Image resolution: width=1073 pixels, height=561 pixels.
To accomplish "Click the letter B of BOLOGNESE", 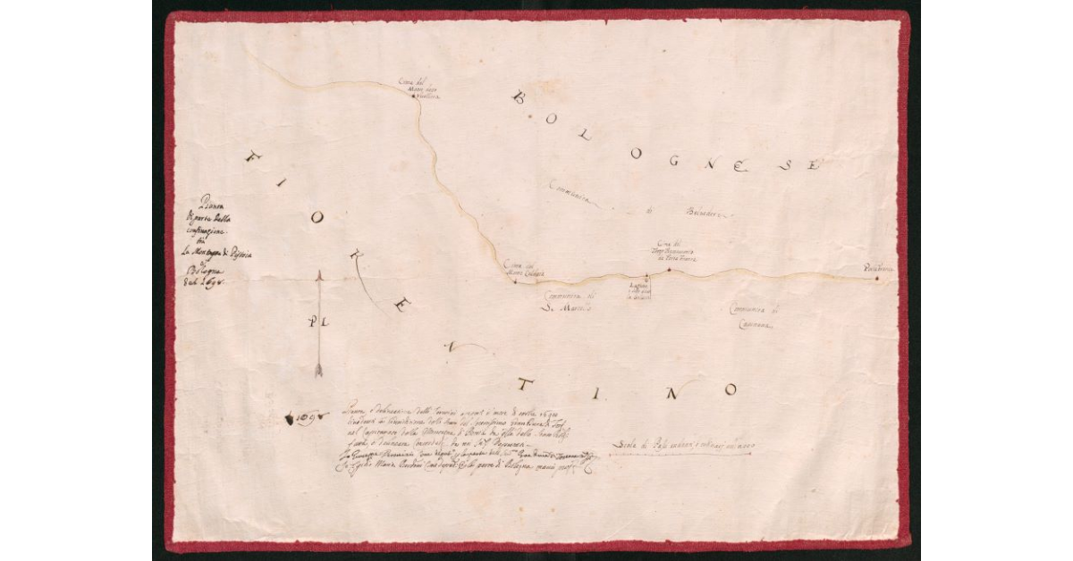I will (519, 97).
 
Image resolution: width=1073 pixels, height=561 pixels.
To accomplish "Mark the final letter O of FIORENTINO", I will (731, 390).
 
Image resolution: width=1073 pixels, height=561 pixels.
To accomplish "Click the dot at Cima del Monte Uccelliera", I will (413, 96).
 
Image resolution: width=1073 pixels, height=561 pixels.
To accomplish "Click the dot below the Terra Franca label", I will (668, 269).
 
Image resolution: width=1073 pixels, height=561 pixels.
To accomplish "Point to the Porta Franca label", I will (877, 266).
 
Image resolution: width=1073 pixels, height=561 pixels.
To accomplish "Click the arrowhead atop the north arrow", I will (319, 275).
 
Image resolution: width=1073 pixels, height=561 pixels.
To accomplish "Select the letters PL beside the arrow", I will (316, 321).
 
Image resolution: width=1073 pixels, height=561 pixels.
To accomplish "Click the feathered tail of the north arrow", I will (319, 369).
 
